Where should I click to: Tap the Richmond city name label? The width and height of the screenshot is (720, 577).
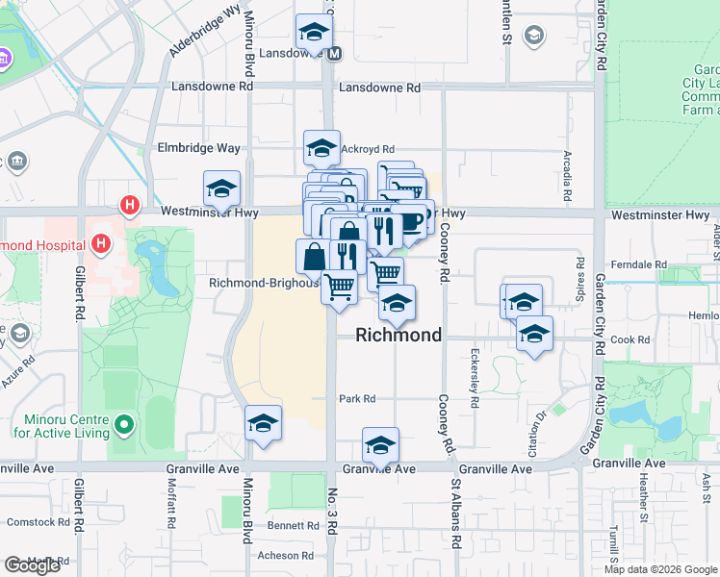point(399,335)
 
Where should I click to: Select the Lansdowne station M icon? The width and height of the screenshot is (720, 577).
point(334,54)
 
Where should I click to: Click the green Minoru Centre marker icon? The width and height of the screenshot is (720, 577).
point(123,424)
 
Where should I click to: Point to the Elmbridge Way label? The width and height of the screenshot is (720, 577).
point(200,148)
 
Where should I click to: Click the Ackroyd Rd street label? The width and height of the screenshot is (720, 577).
point(368,149)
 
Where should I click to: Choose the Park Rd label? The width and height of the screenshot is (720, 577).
point(356,398)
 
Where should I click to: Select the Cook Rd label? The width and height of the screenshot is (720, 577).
point(630,339)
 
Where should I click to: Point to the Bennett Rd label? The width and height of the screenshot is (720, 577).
point(293,526)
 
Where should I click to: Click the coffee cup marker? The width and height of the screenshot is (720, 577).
point(411,221)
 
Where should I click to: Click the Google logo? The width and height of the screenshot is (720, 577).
point(32,565)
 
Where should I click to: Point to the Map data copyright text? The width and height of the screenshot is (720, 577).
point(661,569)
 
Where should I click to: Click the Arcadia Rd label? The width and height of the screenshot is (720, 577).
point(567,171)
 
